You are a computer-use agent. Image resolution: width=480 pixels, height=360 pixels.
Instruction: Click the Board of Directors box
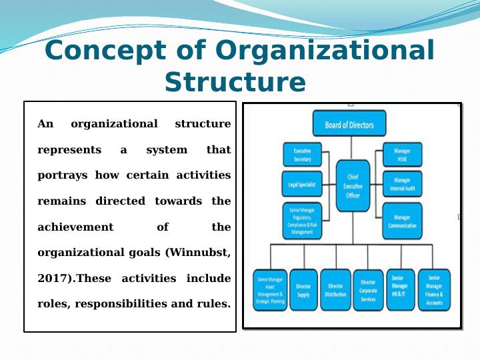click(x=349, y=125)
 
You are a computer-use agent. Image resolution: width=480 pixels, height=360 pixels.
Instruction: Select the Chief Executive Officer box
click(x=353, y=186)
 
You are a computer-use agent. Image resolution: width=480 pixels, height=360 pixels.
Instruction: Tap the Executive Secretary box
click(x=302, y=155)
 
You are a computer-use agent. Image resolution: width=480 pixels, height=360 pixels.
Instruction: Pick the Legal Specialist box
click(x=302, y=184)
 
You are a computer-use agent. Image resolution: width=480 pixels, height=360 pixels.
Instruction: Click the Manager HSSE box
click(x=402, y=155)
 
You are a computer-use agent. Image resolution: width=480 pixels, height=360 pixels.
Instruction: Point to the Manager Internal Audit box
click(x=402, y=184)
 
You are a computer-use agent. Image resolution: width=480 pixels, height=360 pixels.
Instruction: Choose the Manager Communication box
click(x=402, y=221)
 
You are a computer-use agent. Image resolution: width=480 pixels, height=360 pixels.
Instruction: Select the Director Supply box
click(x=303, y=290)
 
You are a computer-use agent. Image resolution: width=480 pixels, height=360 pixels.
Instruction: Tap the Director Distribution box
click(x=335, y=290)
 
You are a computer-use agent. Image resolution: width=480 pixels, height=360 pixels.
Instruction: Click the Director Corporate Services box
click(x=368, y=291)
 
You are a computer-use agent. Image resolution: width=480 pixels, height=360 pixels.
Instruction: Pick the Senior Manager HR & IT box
click(x=401, y=290)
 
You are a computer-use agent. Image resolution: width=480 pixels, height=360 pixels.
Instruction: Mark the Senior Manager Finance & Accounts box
click(x=434, y=290)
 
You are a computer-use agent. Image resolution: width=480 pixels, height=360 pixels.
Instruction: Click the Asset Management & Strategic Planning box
click(x=269, y=290)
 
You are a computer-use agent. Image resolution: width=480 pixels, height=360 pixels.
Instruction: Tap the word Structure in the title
click(x=235, y=82)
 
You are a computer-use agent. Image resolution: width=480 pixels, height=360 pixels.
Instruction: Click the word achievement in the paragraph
click(x=75, y=227)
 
